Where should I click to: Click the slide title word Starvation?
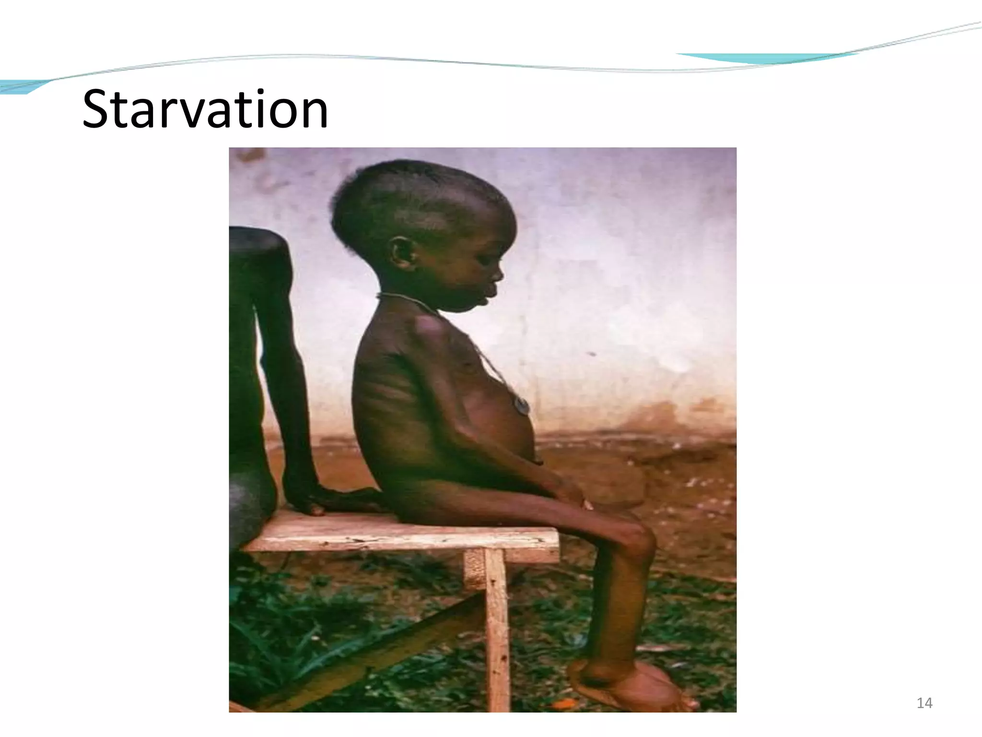[205, 109]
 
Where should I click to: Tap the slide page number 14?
[924, 703]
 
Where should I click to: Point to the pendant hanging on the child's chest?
[522, 405]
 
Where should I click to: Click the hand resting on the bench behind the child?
[312, 499]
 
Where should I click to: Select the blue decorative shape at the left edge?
[22, 86]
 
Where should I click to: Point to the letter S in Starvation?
[99, 109]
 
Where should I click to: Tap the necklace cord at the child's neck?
[408, 300]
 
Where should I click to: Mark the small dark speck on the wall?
[593, 354]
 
